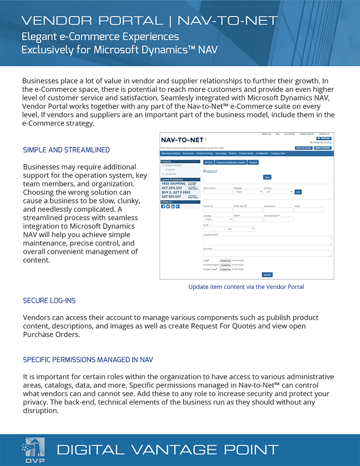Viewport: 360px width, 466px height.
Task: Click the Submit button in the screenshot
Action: (x=267, y=275)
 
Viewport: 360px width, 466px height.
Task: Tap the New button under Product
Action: (x=267, y=177)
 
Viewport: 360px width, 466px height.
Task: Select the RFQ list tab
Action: (x=208, y=162)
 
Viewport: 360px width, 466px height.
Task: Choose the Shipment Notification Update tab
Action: (x=230, y=162)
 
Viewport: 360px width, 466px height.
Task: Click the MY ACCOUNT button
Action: (x=323, y=148)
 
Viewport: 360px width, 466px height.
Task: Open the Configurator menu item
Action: (x=262, y=153)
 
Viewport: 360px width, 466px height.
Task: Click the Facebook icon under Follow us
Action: (x=163, y=206)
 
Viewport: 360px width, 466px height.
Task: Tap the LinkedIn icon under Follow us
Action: (x=173, y=206)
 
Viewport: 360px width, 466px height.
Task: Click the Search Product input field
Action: (x=217, y=192)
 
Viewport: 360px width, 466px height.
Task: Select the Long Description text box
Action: (x=267, y=240)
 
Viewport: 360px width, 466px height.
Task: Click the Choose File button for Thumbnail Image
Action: (x=225, y=265)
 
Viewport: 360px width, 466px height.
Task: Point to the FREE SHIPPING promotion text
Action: (x=174, y=183)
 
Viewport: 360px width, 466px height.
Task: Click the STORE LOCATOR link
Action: (x=307, y=134)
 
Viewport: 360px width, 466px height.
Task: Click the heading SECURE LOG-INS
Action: (x=49, y=301)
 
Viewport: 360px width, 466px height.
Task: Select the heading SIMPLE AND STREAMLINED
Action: (x=66, y=150)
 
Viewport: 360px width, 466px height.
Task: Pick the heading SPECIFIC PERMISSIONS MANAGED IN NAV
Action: (x=88, y=360)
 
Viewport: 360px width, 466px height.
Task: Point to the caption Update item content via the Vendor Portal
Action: (x=246, y=287)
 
